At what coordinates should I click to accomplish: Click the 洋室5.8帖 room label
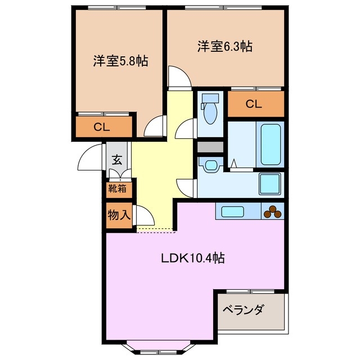tap(120, 61)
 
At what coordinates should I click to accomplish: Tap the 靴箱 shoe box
tap(117, 189)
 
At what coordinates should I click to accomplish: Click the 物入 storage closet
tap(117, 214)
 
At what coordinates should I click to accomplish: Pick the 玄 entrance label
tap(116, 159)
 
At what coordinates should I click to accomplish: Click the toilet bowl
tap(210, 111)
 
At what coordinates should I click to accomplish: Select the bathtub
tap(270, 143)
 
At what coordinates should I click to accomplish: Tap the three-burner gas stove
tap(273, 212)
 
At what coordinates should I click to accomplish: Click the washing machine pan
tap(269, 183)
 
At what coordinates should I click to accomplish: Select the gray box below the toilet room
tap(210, 147)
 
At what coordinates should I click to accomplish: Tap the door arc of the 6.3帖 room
tap(178, 78)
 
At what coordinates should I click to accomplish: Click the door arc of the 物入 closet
tap(143, 215)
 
